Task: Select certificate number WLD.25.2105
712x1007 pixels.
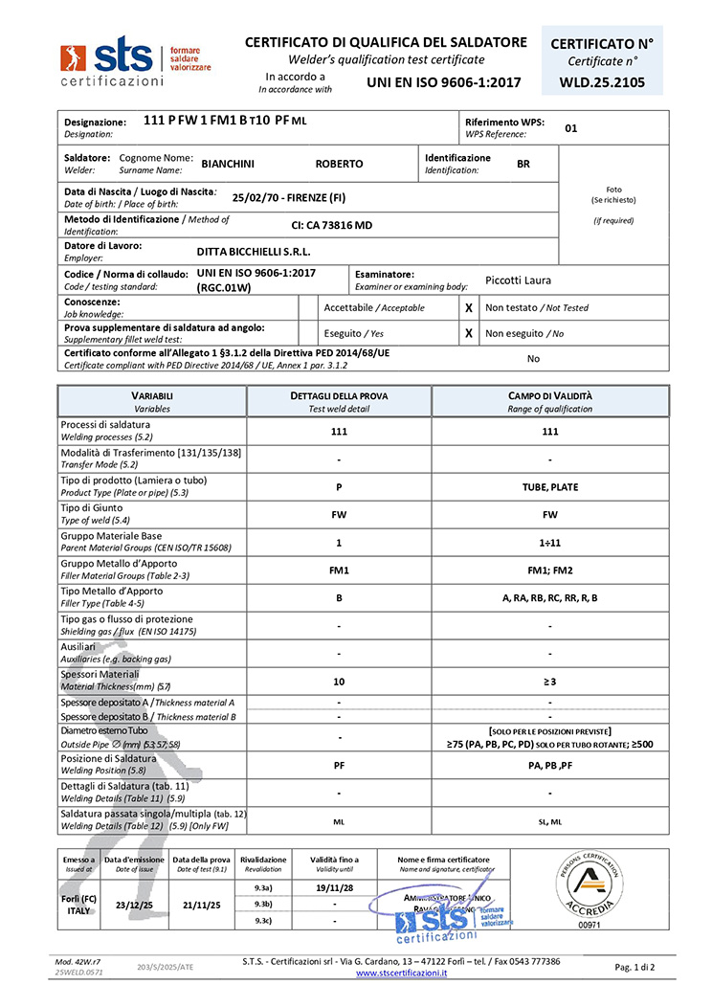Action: click(x=602, y=82)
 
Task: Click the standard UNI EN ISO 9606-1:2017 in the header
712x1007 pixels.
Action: click(x=444, y=82)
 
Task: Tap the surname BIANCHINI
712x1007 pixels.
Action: click(x=228, y=164)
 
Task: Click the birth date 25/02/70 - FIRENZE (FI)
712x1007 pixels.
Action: click(x=289, y=198)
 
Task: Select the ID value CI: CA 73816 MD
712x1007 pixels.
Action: click(x=331, y=225)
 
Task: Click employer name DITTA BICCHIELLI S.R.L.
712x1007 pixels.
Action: click(x=254, y=252)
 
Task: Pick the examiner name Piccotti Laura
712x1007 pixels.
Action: click(x=518, y=280)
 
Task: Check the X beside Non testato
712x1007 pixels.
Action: click(x=469, y=307)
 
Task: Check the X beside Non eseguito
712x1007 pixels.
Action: click(x=469, y=333)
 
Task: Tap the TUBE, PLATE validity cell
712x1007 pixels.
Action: click(x=549, y=486)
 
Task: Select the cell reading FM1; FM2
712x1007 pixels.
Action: click(x=549, y=570)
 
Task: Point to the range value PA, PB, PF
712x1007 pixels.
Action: click(x=549, y=765)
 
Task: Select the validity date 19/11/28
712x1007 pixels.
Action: click(x=333, y=887)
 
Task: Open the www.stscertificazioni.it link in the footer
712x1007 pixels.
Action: click(x=402, y=973)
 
